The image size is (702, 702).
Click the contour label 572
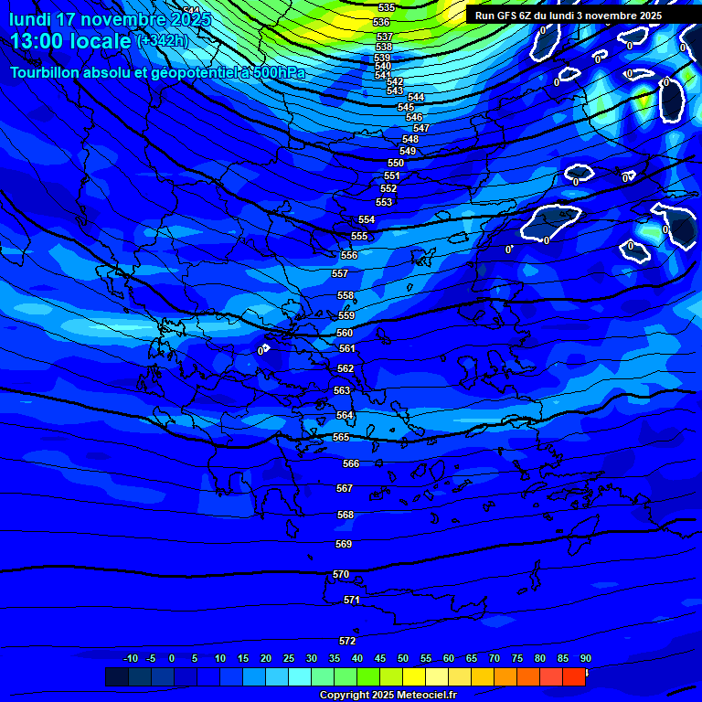[347, 641]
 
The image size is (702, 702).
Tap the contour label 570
[341, 574]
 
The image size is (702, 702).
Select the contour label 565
[341, 437]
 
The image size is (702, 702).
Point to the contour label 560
[345, 333]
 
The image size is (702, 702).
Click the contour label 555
[359, 236]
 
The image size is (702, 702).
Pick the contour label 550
[396, 163]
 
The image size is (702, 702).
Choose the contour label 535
[386, 7]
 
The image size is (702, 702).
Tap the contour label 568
[346, 515]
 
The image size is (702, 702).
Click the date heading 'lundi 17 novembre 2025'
[110, 18]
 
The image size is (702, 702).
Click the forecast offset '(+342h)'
[163, 41]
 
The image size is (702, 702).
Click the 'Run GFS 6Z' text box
[569, 16]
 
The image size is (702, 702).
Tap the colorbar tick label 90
[585, 658]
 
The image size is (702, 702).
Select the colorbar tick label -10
[131, 658]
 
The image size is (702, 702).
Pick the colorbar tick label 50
[403, 658]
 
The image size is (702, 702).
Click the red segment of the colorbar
[573, 676]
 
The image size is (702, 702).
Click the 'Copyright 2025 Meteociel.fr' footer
[388, 696]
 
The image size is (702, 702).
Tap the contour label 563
[342, 390]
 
